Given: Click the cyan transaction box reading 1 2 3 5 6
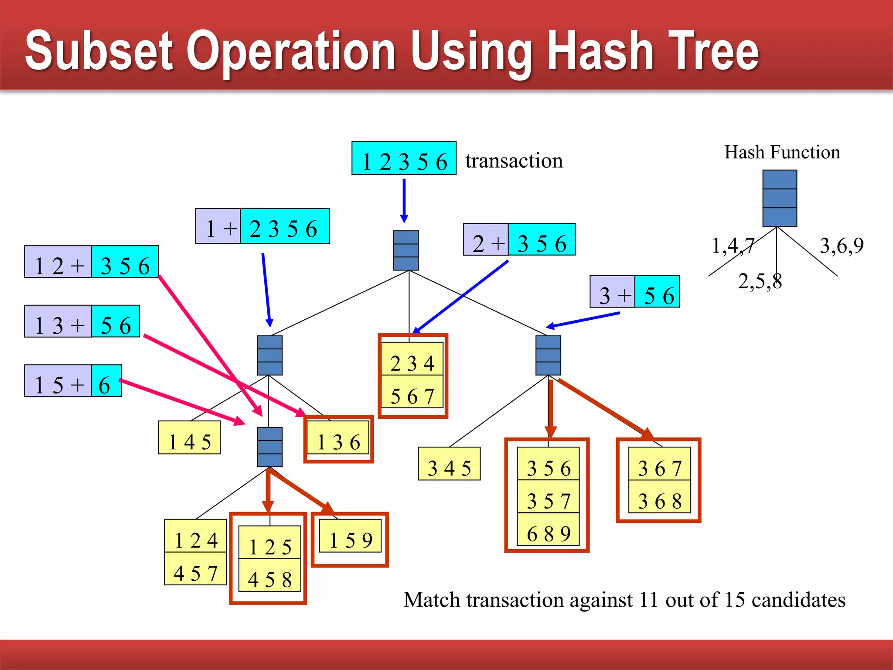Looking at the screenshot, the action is (404, 158).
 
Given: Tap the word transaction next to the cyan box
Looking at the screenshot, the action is (514, 161).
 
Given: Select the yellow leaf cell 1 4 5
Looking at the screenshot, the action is (189, 438).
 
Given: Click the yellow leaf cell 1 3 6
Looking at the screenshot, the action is (338, 438).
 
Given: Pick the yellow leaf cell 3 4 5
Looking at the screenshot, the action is (449, 464).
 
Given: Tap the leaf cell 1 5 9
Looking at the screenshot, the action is (350, 537).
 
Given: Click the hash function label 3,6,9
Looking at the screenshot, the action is (842, 246).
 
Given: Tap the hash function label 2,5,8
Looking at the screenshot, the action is (760, 281).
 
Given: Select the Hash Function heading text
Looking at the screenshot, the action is (782, 152).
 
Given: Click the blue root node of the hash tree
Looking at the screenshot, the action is (406, 250).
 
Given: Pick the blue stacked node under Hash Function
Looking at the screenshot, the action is (780, 198).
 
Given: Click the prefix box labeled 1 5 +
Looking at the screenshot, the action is (58, 381).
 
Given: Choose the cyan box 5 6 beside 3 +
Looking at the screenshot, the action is (657, 292).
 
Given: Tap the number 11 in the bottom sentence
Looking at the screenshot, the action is (649, 600).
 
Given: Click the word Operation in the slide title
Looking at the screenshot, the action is (291, 51).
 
